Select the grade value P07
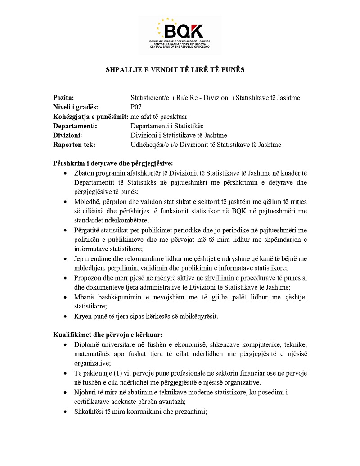136,107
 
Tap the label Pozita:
63,98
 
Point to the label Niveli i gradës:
76,107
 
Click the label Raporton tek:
74,145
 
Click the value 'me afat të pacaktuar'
159,117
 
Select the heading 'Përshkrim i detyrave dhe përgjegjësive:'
113,163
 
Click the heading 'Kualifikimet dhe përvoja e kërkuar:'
108,335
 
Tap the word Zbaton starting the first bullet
85,172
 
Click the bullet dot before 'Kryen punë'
66,316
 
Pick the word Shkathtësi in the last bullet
90,411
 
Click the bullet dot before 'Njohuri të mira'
66,392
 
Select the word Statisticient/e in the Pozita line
149,98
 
